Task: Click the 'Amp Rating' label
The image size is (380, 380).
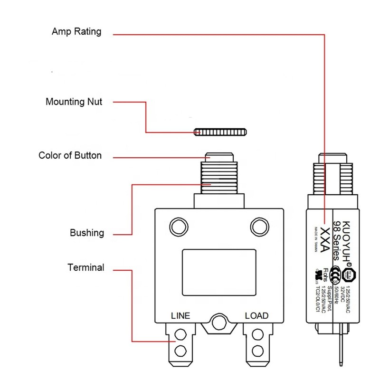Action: [76, 32]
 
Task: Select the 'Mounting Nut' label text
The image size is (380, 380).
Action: [74, 102]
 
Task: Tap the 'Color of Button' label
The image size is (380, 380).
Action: [70, 155]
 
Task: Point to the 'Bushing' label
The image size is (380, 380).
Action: [86, 233]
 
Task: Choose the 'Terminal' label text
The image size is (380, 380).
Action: [85, 267]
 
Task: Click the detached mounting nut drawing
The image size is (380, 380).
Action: [220, 131]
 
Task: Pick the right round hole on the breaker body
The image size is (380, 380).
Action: [259, 225]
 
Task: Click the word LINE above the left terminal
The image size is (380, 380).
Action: [180, 316]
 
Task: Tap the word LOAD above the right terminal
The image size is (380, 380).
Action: [256, 316]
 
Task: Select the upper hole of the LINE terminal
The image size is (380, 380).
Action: [180, 336]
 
